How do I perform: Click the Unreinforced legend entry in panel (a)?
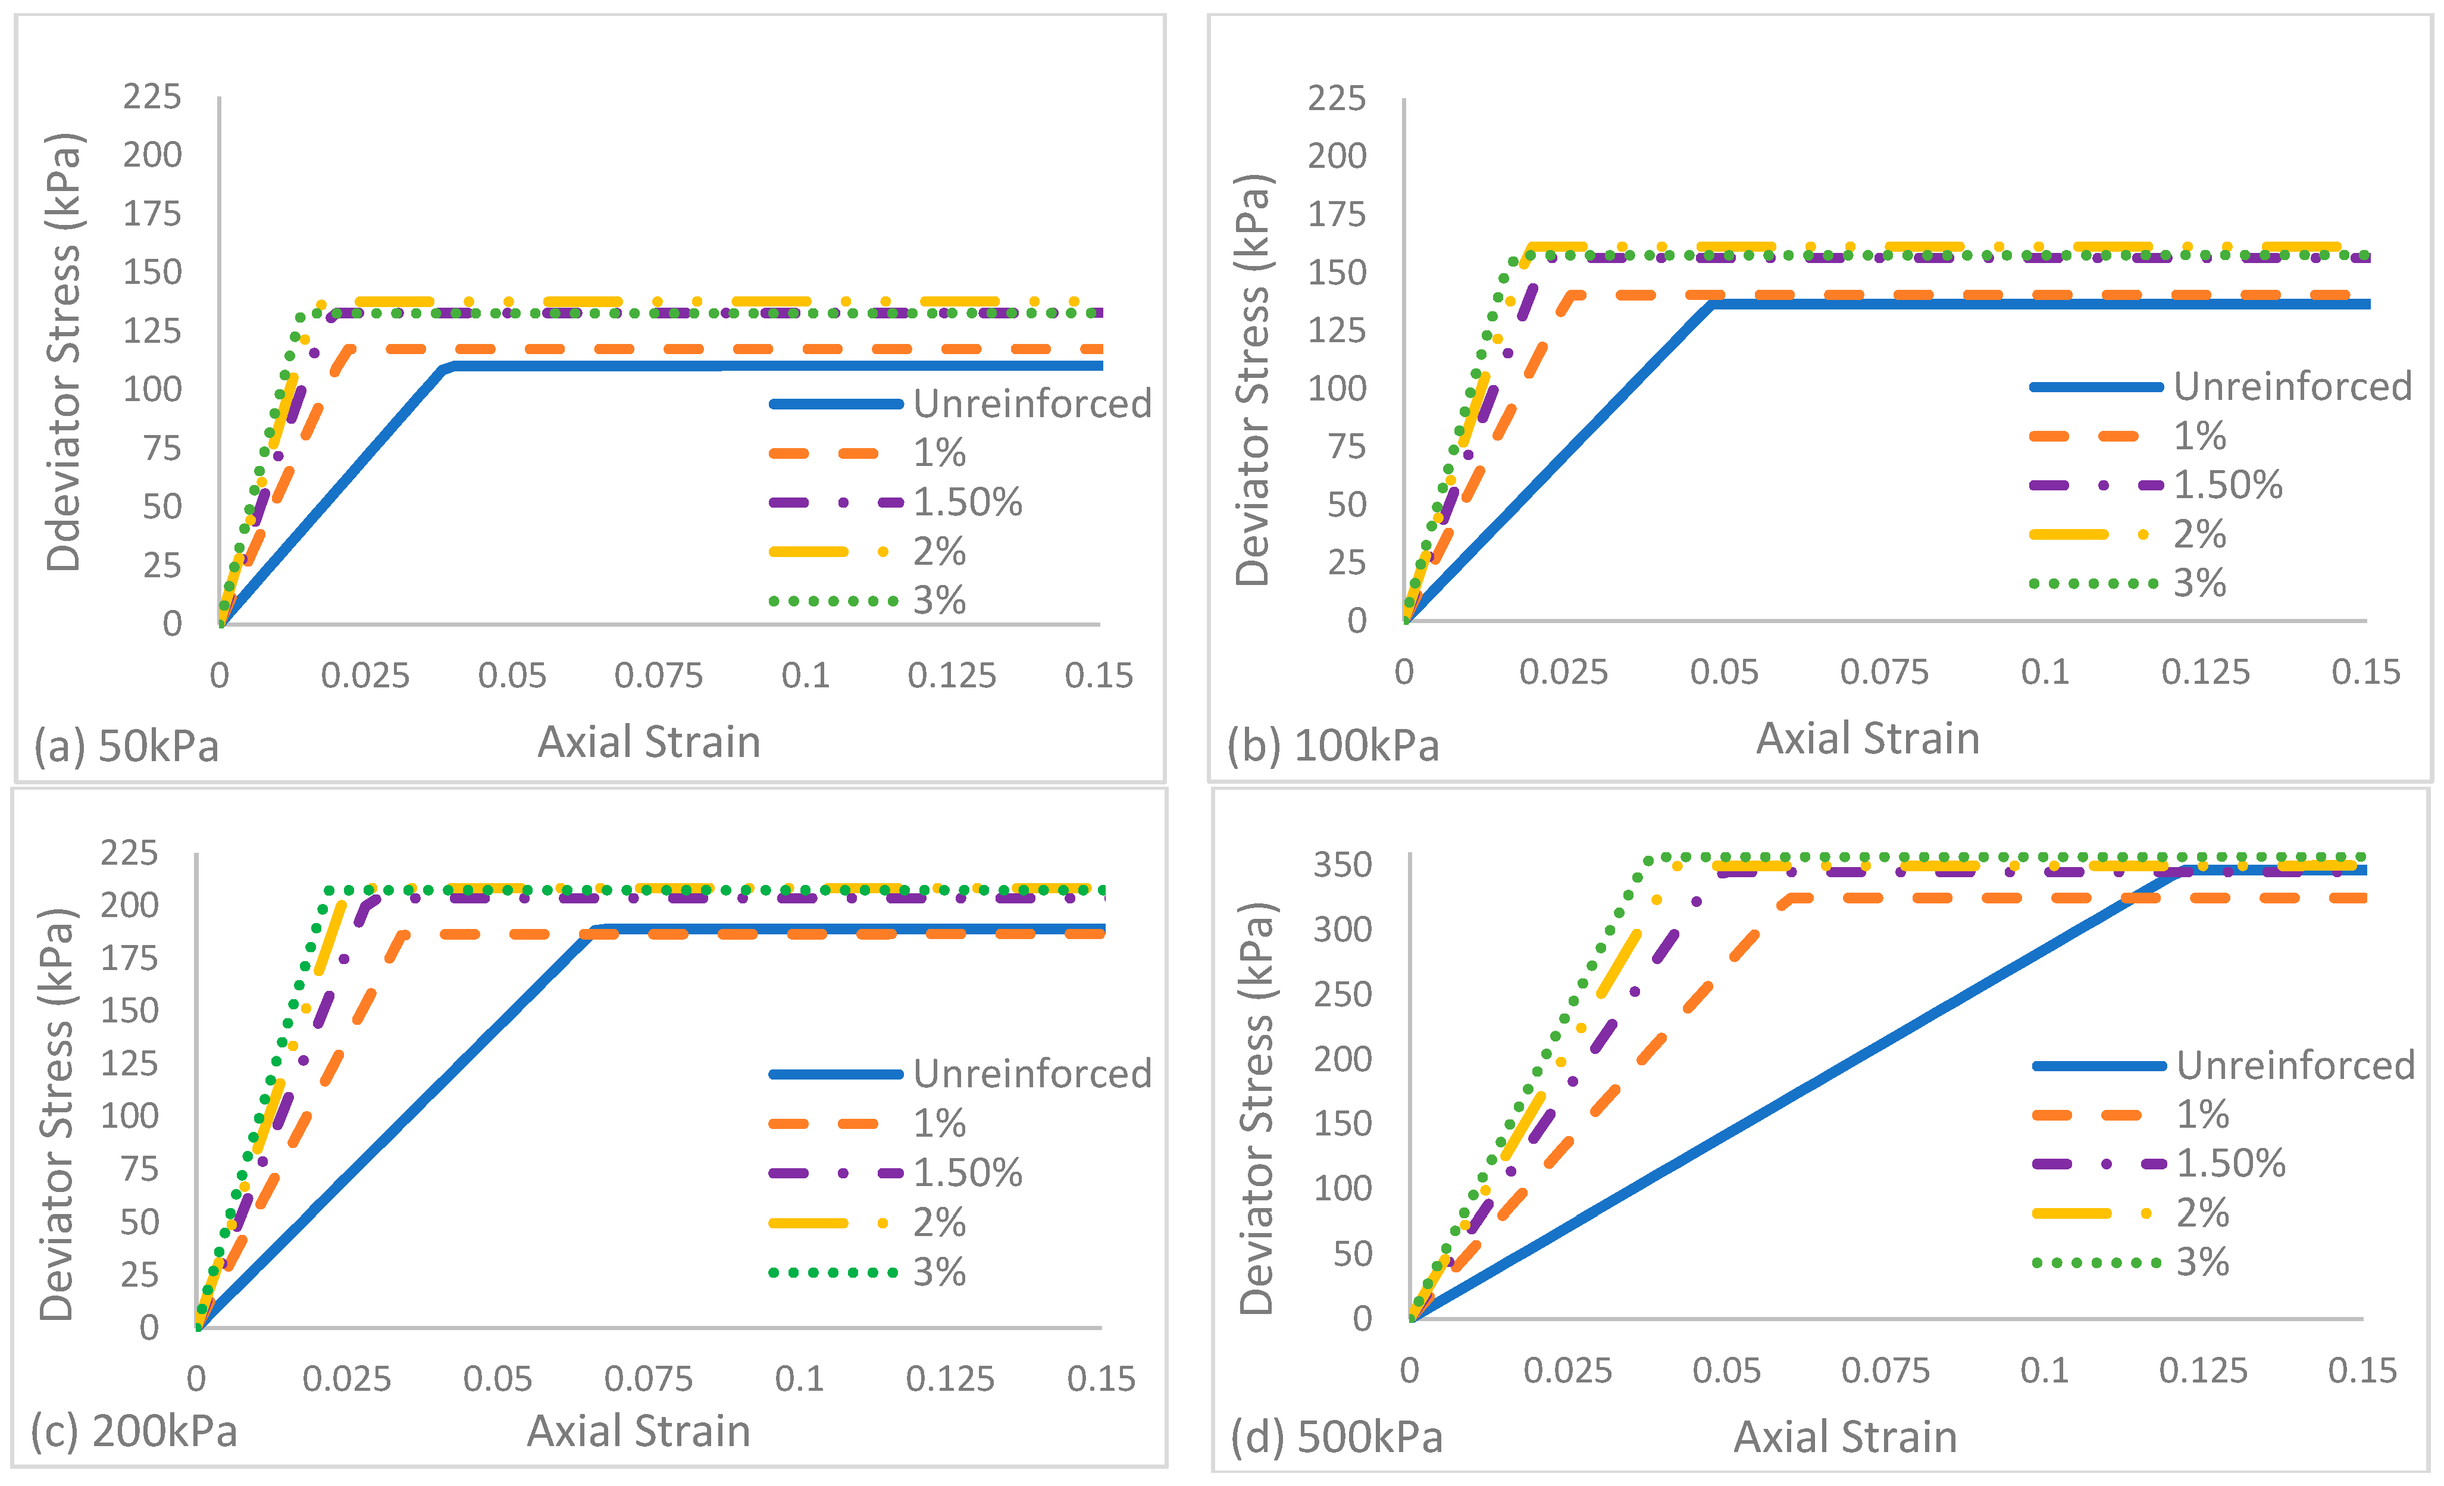coord(960,403)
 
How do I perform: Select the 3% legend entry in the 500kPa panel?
coord(2130,1262)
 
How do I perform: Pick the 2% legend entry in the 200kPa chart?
coord(868,1222)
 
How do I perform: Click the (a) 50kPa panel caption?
coord(127,746)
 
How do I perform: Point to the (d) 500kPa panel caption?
coord(1337,1437)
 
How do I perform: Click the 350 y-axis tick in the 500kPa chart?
coord(1343,865)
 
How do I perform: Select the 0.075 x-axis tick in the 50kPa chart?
coord(659,675)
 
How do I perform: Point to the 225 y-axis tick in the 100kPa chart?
coord(1337,98)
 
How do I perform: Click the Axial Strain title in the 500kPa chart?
coord(1845,1437)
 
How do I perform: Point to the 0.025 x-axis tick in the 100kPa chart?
coord(1563,672)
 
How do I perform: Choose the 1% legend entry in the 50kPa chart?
coord(868,453)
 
